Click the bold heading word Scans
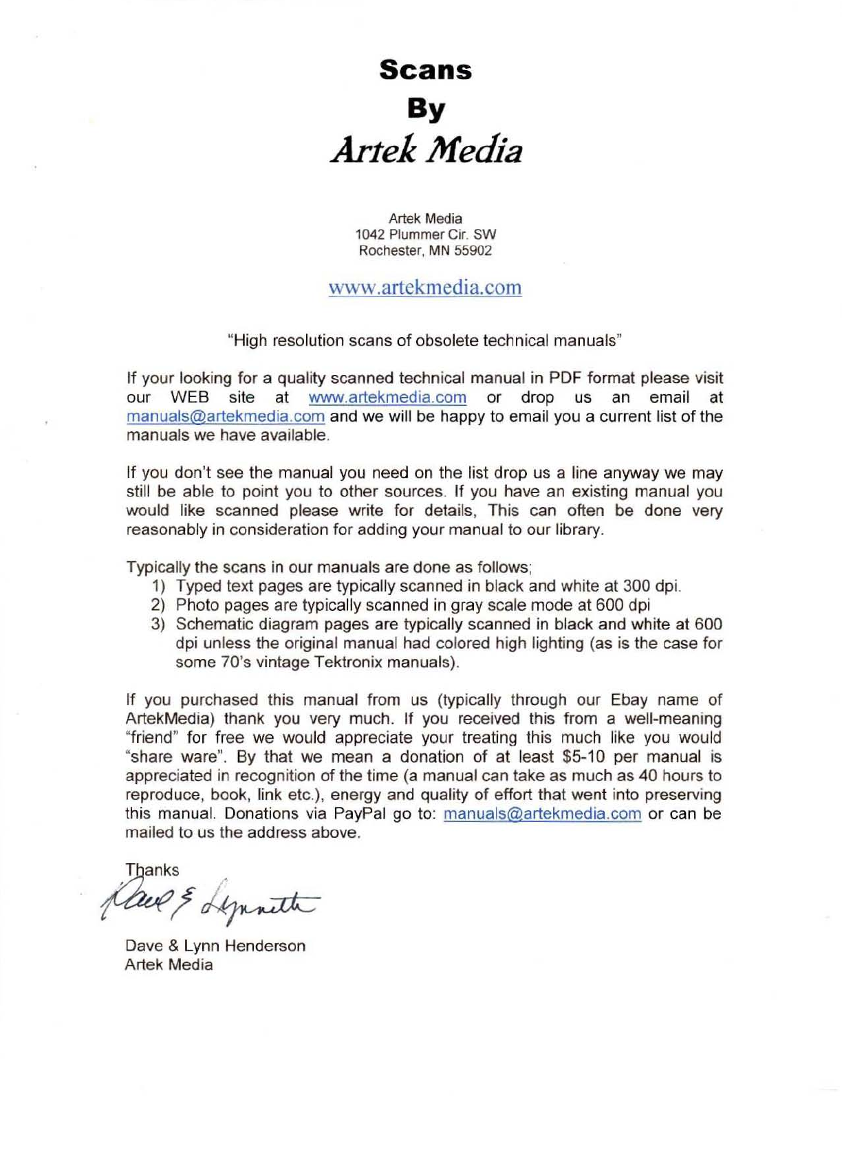click(425, 70)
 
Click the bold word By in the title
click(426, 109)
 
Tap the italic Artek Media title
click(426, 150)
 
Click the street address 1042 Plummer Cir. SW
click(425, 235)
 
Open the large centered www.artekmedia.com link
click(425, 287)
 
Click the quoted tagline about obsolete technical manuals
click(425, 340)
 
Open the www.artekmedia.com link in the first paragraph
click(387, 398)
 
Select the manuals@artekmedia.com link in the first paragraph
click(226, 417)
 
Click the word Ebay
click(629, 700)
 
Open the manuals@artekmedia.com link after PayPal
click(542, 814)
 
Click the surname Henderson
click(264, 946)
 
